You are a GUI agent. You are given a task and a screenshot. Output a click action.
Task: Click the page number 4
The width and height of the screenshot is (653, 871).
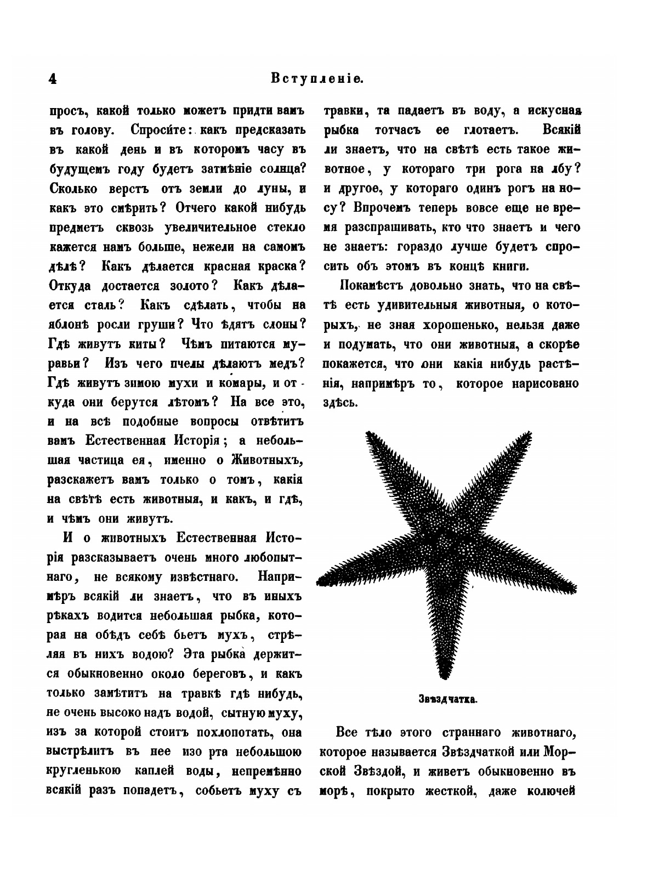tap(52, 79)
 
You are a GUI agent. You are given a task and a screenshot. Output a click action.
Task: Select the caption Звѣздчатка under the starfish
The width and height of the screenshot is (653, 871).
tap(448, 699)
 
